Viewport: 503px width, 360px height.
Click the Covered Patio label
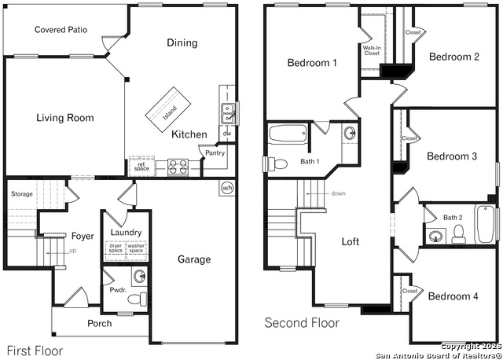coord(61,30)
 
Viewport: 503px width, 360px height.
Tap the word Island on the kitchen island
coord(169,109)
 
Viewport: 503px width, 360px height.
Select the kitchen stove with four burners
coord(177,167)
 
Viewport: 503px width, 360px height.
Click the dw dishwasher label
coord(226,134)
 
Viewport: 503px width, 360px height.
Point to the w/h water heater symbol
coord(227,188)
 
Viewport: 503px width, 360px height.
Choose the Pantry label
coord(215,153)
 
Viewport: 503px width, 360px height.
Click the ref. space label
coord(141,167)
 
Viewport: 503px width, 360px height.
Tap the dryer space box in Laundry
coord(116,248)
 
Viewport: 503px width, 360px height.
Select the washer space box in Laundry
coord(136,248)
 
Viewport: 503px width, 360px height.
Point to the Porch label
coord(100,323)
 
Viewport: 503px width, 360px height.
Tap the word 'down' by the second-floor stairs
coord(338,193)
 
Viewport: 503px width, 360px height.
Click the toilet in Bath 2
coord(459,233)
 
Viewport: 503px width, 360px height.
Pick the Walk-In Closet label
coord(372,52)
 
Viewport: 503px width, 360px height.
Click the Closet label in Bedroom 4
coord(410,291)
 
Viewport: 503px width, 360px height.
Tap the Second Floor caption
coord(302,323)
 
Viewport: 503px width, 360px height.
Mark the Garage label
coord(193,259)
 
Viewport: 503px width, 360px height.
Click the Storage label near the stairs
coord(22,193)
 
